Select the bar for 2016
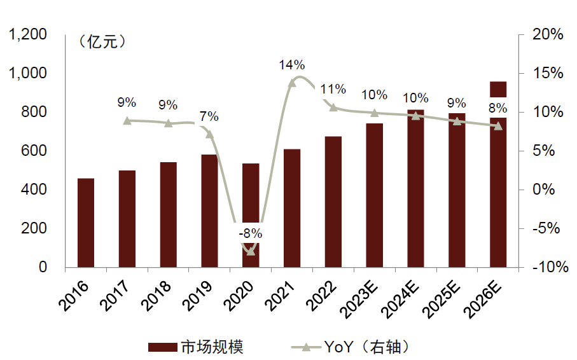(86, 223)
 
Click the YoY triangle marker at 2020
(251, 251)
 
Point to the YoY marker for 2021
(292, 83)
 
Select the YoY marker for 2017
(127, 120)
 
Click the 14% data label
(292, 65)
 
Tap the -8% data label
(251, 233)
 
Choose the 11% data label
(333, 89)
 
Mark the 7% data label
(209, 116)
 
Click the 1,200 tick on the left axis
(28, 35)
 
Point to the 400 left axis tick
(35, 190)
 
